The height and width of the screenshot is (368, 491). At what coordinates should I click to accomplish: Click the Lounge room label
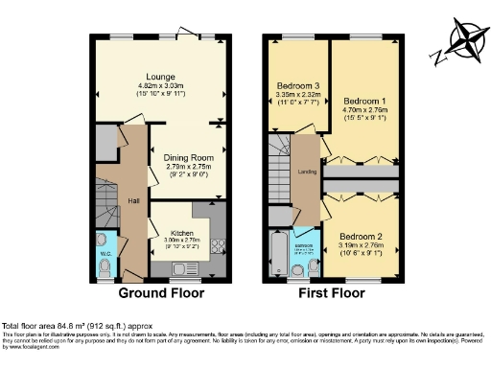[160, 76]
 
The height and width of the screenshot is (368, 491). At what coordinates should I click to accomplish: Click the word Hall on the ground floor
[135, 200]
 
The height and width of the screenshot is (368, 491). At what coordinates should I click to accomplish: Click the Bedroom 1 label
[363, 101]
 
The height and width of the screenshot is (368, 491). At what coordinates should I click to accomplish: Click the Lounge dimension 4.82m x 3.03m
[160, 86]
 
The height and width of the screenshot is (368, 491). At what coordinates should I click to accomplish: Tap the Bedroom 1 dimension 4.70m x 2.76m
[363, 110]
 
